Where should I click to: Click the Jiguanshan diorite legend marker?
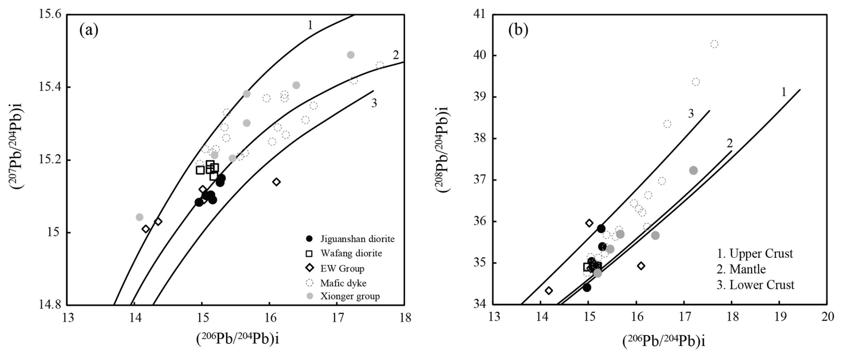click(309, 239)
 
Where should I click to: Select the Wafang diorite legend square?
click(309, 254)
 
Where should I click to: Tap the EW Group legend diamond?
click(309, 268)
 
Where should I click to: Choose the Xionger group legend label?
click(350, 296)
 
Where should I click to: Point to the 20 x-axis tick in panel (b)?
click(828, 317)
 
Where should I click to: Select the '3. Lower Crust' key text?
click(755, 285)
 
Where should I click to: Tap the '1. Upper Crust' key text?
click(755, 254)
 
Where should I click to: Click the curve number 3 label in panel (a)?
click(374, 103)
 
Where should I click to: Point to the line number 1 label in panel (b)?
click(783, 92)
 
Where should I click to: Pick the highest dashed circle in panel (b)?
click(714, 44)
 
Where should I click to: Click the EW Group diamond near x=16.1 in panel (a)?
click(276, 182)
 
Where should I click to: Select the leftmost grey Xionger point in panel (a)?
click(139, 217)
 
